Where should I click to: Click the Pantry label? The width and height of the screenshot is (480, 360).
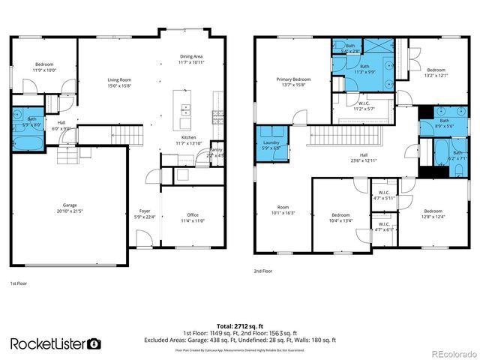(216, 153)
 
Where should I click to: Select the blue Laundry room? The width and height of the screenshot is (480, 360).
(270, 145)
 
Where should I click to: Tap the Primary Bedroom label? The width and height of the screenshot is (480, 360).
(293, 81)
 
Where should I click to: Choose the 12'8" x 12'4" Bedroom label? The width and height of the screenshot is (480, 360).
(433, 214)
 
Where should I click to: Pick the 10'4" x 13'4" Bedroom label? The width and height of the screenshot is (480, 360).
(341, 217)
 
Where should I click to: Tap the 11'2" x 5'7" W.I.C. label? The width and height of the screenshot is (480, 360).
(363, 106)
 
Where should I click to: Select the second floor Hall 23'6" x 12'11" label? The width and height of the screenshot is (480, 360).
(363, 158)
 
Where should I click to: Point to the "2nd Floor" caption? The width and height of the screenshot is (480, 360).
(263, 271)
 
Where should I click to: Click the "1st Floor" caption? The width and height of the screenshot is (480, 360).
(19, 283)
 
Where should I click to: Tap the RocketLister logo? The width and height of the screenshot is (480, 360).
(55, 343)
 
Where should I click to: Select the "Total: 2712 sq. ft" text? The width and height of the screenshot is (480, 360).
(239, 325)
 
